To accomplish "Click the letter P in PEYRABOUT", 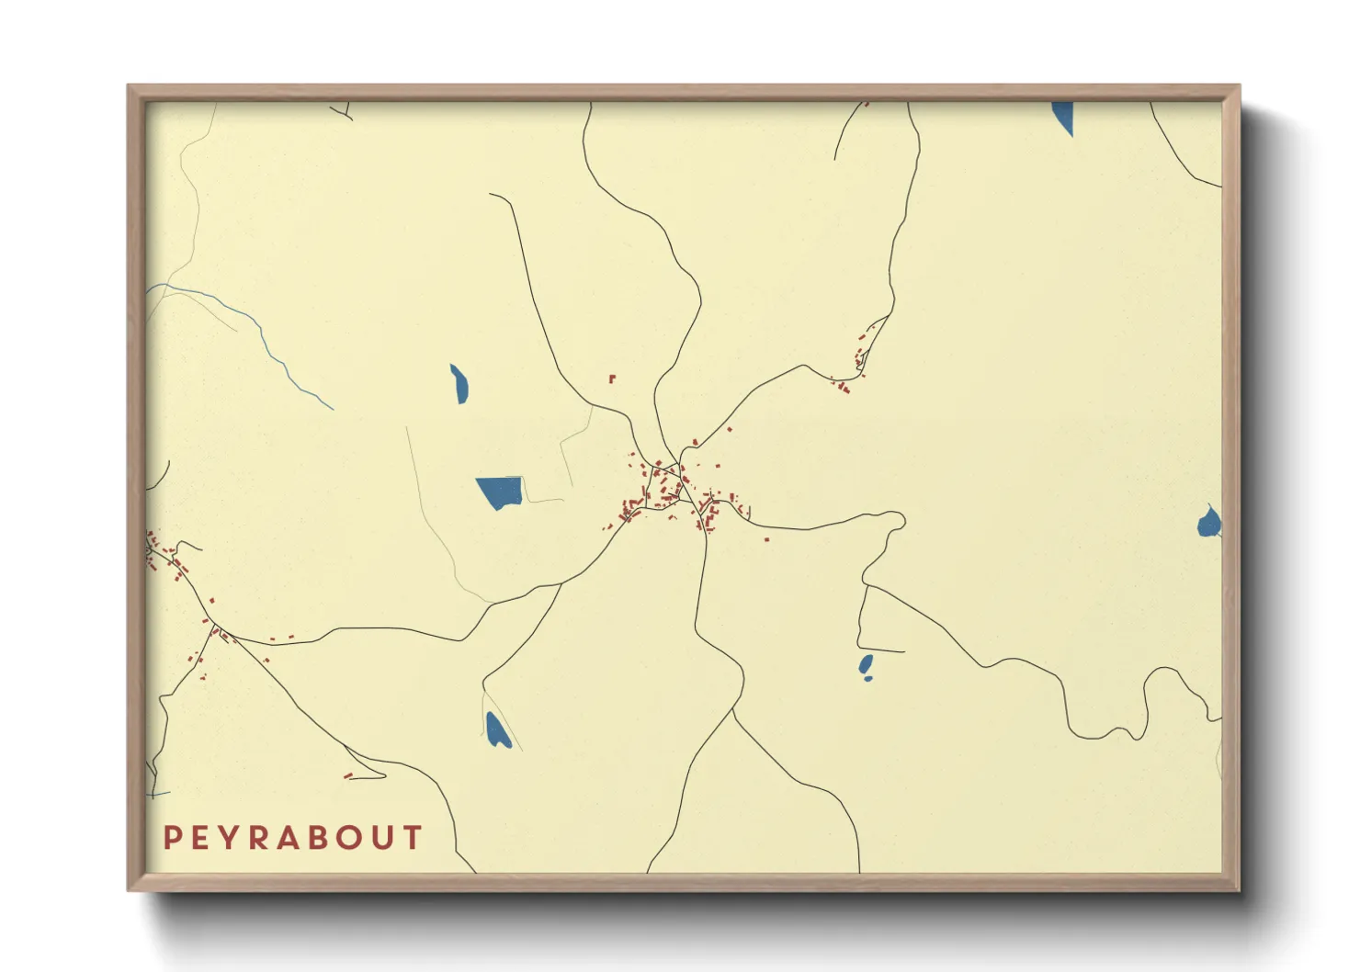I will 172,838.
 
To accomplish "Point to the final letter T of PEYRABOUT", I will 413,838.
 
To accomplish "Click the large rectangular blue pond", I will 499,492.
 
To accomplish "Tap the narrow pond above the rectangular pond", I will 459,384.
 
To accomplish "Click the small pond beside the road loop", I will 865,665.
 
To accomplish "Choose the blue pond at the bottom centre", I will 497,730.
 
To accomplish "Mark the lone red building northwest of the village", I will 611,378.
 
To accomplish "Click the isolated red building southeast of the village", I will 766,539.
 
